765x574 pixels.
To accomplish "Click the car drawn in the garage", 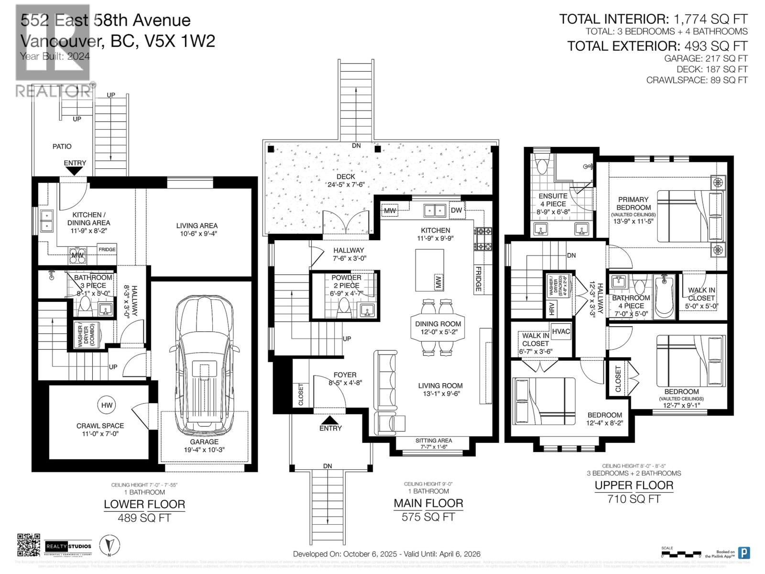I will (204, 364).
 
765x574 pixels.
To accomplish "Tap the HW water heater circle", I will (107, 405).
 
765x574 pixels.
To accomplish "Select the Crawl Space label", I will (100, 426).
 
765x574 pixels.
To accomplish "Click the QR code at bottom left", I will (29, 545).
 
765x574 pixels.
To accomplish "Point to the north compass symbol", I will (109, 545).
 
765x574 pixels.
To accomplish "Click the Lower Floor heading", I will (144, 504).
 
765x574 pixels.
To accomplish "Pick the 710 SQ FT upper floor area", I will (634, 499).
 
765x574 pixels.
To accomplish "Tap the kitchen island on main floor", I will (429, 270).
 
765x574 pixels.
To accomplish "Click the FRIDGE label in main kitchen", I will (478, 279).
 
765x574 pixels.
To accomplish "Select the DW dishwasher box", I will (456, 210).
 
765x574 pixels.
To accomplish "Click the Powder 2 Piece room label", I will (346, 286).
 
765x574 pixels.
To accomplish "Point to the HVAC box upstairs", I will (561, 331).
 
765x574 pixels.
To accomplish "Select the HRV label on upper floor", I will (552, 309).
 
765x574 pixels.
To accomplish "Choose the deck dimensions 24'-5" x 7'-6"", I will (346, 185).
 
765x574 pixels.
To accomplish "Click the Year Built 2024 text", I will (55, 56).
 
